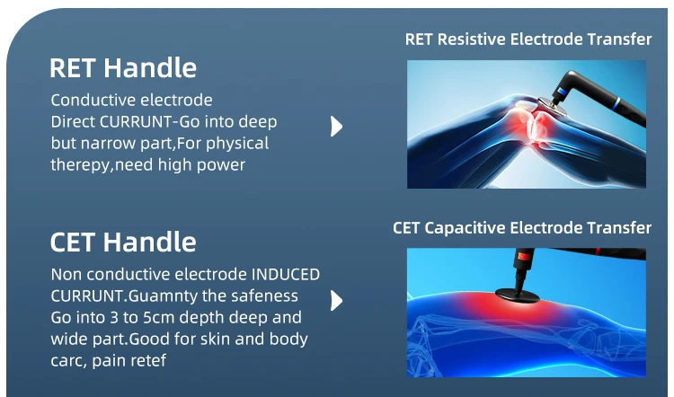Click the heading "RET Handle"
[x=123, y=68]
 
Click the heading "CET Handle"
[x=123, y=242]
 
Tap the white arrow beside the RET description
[x=337, y=127]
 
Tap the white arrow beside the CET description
[x=337, y=300]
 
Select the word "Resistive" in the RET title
[x=472, y=40]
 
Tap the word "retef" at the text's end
[x=150, y=360]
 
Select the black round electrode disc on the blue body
[x=517, y=295]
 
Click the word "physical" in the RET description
[x=237, y=144]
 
